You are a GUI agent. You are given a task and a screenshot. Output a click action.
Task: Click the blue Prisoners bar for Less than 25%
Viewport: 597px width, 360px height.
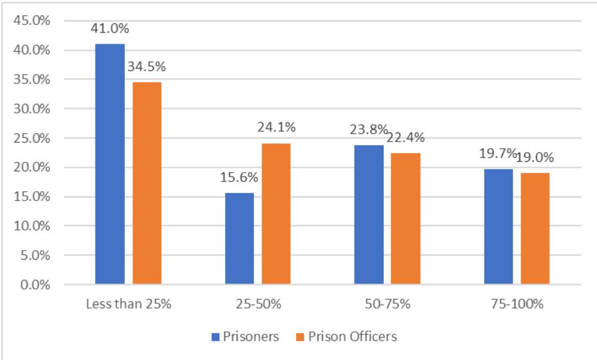point(110,164)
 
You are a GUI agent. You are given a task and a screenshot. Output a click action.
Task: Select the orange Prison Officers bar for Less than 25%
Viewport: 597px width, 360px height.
point(147,183)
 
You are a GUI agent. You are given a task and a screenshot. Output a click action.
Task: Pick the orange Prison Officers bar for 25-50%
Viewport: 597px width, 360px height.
point(276,214)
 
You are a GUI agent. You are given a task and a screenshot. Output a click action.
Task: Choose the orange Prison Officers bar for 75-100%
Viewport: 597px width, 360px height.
point(535,229)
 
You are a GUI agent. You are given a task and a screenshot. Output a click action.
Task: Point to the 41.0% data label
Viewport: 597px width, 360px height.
point(110,29)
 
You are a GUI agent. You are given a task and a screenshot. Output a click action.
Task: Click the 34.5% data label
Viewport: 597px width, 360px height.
point(146,67)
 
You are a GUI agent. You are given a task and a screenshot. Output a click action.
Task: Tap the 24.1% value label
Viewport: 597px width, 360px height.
point(276,128)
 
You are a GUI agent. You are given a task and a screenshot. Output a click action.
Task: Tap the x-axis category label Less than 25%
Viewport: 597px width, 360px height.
point(128,304)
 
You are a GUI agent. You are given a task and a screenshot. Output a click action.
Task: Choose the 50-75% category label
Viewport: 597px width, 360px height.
point(387,304)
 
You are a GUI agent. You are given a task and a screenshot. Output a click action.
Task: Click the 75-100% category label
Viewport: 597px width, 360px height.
point(517,304)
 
